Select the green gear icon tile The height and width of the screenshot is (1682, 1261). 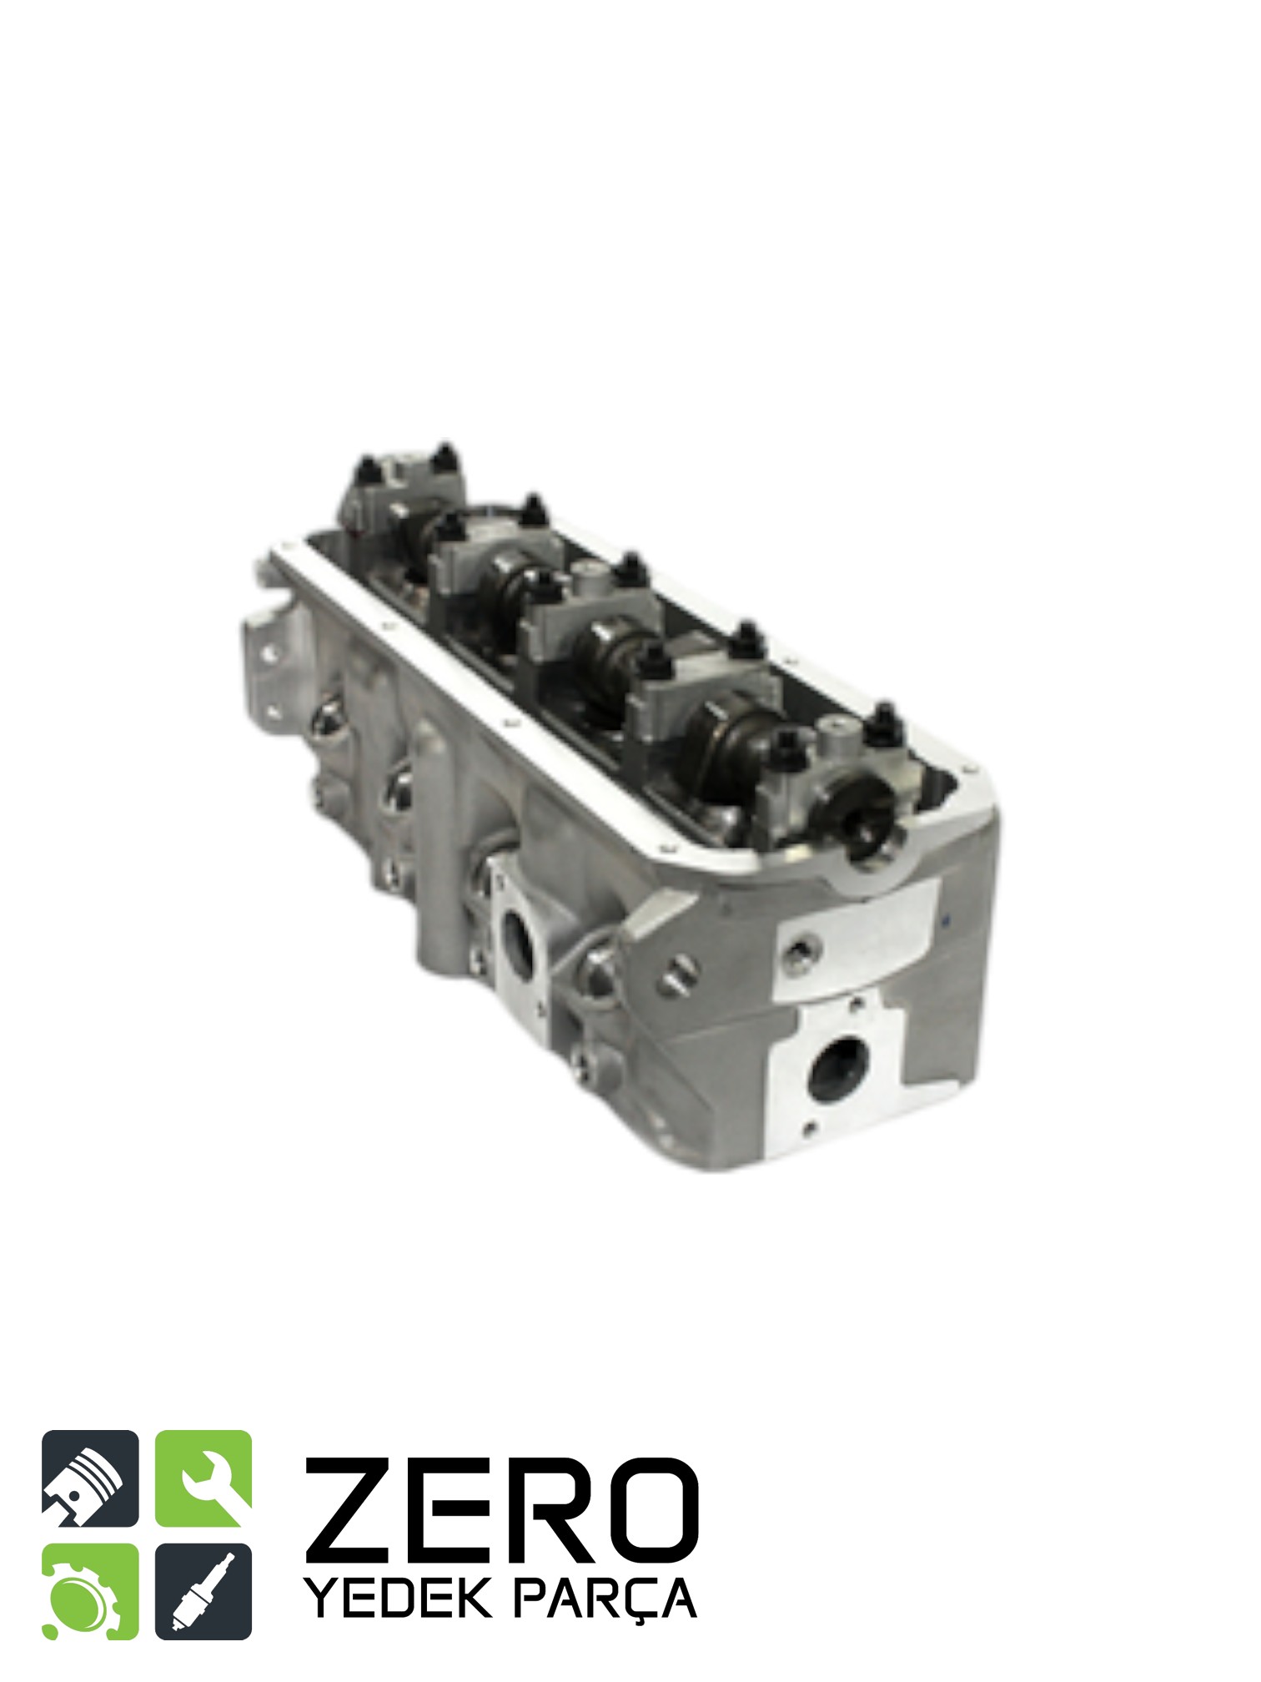click(90, 1592)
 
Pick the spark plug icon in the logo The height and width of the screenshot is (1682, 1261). click(203, 1592)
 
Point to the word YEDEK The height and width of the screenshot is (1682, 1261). click(398, 1598)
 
